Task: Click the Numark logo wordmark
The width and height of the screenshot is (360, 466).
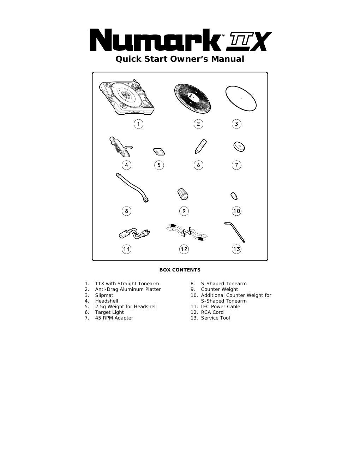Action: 155,40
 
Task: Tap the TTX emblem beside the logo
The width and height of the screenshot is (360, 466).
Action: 249,41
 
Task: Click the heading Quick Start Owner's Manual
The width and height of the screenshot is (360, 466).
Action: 180,59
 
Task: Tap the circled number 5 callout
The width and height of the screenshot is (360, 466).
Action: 159,165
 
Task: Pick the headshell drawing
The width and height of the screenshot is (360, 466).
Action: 121,147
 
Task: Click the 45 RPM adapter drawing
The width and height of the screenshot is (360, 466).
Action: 239,147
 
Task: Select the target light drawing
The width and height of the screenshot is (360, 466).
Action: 200,147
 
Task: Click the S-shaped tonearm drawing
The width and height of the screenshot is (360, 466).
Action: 132,188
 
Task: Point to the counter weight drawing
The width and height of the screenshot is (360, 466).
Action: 183,194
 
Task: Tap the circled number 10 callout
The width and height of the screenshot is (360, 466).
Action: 236,211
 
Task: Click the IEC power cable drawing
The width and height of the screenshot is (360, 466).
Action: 134,234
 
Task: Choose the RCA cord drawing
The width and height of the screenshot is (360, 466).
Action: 187,233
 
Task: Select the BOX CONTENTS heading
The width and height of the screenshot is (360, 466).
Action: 180,270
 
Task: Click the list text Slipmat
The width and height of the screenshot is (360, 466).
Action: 104,295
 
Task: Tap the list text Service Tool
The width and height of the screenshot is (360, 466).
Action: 215,318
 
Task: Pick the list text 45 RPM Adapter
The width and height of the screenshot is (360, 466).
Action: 114,318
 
